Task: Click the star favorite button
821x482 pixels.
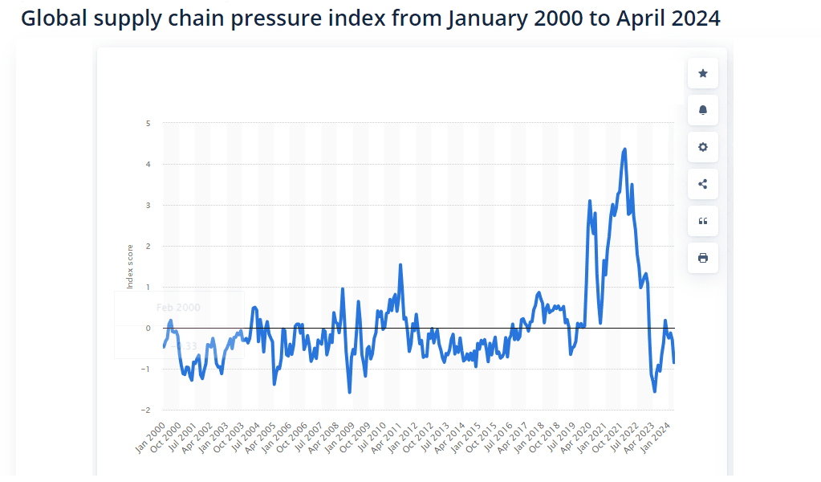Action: tap(703, 73)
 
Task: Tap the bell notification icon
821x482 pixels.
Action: tap(703, 110)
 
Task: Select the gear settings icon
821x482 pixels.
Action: tap(703, 147)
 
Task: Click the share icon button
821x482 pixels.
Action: tap(703, 184)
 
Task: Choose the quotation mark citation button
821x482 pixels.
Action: tap(703, 221)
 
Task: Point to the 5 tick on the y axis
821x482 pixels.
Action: tap(148, 123)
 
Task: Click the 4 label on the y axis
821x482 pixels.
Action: tap(148, 164)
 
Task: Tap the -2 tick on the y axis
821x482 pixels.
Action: tap(146, 410)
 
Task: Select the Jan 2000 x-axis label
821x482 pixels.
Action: tap(150, 436)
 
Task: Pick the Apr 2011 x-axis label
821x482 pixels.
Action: tap(389, 436)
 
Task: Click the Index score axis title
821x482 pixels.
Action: tap(129, 267)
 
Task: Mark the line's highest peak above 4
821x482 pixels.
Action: tap(624, 149)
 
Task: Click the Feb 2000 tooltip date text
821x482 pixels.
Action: tap(178, 307)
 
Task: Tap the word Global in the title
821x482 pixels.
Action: tap(50, 18)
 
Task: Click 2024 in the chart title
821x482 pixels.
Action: tap(694, 18)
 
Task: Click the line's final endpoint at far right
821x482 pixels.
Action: tap(674, 362)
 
